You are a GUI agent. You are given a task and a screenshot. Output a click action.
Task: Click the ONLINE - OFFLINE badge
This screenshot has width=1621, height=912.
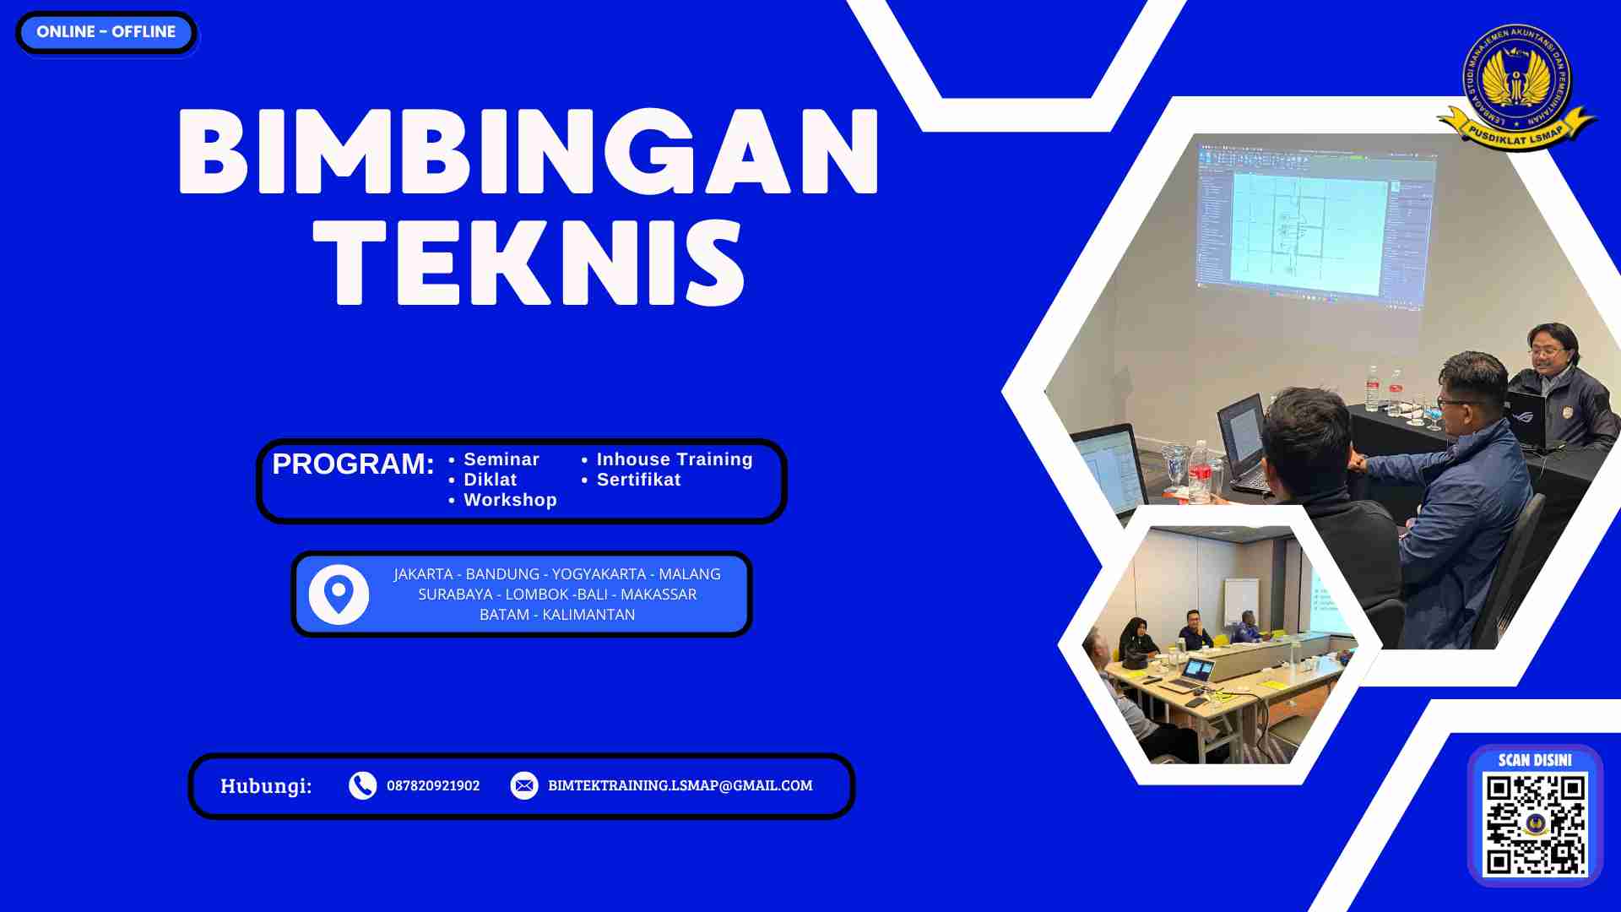(106, 32)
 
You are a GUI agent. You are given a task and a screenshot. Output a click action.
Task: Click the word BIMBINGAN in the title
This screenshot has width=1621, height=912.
(529, 153)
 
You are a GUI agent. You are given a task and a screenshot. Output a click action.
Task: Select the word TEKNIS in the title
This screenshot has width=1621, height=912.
(529, 262)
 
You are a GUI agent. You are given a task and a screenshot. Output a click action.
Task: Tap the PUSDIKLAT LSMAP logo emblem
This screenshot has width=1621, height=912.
(1517, 86)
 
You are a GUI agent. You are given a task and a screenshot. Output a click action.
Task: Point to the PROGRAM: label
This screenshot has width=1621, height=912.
(353, 464)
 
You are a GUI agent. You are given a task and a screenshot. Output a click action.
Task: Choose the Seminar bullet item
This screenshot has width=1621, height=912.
(501, 459)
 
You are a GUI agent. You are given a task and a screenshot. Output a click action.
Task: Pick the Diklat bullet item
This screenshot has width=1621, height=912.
(490, 480)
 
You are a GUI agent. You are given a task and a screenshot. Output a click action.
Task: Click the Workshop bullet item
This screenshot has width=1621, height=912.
(510, 500)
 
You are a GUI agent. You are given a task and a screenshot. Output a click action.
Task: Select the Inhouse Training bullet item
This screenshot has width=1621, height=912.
(674, 459)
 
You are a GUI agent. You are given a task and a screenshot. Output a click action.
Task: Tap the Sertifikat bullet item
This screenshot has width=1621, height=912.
(638, 480)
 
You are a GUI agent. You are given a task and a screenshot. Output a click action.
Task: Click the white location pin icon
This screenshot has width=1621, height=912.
(339, 594)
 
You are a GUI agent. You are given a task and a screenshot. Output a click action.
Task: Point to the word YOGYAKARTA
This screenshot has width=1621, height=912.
(599, 574)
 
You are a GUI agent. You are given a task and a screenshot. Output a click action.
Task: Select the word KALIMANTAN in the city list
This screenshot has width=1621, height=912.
(588, 615)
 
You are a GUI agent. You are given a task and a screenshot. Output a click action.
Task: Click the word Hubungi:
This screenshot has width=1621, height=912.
(266, 786)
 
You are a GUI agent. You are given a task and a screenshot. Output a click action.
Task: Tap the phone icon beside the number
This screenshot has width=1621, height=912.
(362, 785)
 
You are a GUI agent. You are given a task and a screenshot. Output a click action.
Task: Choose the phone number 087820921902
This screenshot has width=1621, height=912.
(433, 785)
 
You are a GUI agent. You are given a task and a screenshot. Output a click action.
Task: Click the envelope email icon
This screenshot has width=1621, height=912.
(523, 785)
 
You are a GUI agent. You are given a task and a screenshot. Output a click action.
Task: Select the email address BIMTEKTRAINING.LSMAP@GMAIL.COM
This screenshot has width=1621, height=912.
(680, 785)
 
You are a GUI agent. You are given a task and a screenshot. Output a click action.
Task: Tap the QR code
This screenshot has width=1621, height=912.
(1535, 824)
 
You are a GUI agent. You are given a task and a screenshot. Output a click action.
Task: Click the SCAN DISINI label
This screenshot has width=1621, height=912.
(1535, 760)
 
